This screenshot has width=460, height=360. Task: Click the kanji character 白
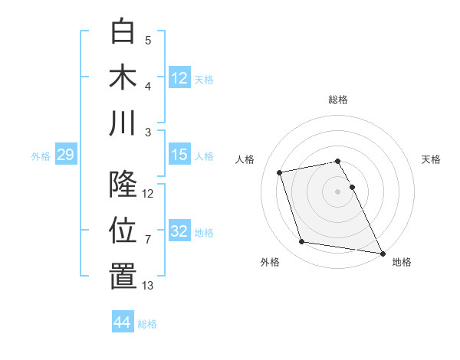[x=123, y=31]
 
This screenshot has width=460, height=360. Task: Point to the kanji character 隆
[x=123, y=184]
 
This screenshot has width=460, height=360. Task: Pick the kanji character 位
[x=123, y=230]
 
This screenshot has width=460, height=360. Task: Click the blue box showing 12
[x=179, y=77]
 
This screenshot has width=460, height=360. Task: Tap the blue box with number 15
[x=179, y=155]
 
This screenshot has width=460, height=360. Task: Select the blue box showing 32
[x=179, y=232]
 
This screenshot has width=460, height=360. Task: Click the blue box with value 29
[x=65, y=155]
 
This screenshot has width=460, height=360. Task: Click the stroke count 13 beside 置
[x=148, y=286]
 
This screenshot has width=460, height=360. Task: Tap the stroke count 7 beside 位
[x=148, y=240]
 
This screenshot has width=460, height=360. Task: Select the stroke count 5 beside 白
[x=148, y=41]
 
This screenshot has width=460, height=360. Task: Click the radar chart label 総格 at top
[x=338, y=100]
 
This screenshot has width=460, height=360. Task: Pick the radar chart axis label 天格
[x=432, y=159]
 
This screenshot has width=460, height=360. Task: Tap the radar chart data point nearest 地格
[x=383, y=252]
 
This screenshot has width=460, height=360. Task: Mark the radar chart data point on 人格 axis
[x=280, y=172]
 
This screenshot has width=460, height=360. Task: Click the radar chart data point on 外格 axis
[x=302, y=242]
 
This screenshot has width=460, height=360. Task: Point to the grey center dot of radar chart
[x=338, y=191]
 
